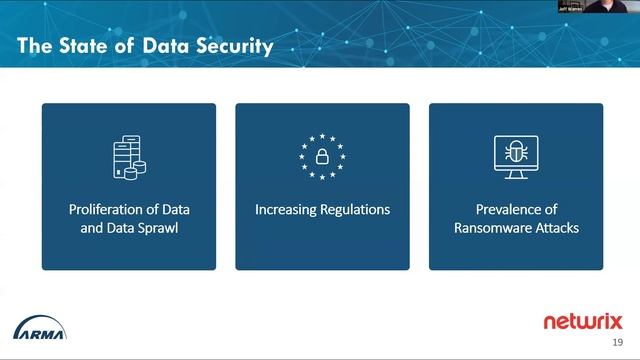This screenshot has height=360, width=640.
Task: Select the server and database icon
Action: (127, 156)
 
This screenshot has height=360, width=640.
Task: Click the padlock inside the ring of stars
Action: (322, 157)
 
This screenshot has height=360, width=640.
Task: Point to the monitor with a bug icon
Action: (515, 158)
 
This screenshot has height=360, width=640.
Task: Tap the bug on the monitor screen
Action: (516, 152)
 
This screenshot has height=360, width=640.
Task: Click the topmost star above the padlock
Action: (322, 136)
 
